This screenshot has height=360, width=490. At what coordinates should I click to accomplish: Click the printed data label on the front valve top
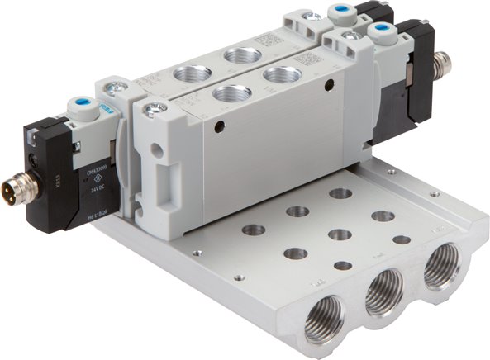tap(306, 60)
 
